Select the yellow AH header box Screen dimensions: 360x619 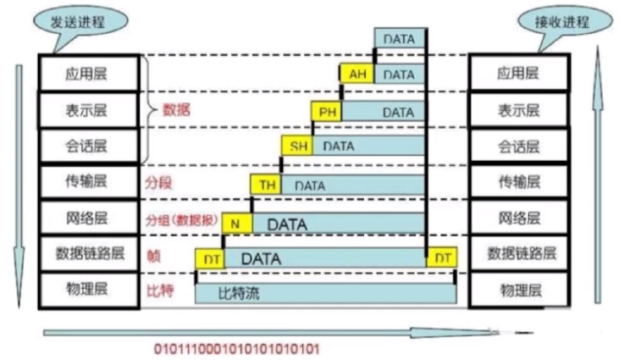click(x=356, y=74)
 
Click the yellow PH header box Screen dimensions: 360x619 click(x=328, y=111)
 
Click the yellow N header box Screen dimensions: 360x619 click(x=238, y=222)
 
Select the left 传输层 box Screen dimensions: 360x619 click(x=88, y=182)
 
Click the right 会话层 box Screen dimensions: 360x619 click(x=517, y=145)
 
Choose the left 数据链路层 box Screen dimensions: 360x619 click(x=88, y=253)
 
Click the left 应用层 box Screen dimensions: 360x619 click(x=88, y=74)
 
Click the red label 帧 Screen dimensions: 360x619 click(x=152, y=254)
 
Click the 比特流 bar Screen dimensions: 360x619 click(x=325, y=293)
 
